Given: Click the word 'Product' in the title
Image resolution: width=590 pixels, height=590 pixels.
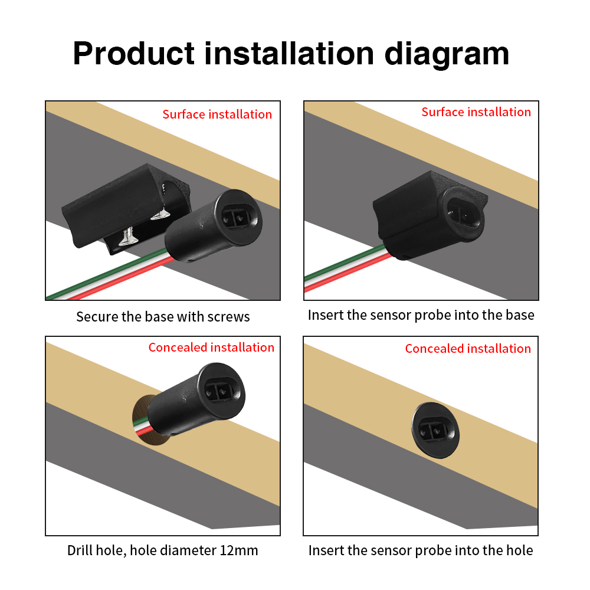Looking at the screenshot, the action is (133, 54).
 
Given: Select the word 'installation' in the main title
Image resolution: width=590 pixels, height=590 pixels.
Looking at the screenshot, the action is (289, 54).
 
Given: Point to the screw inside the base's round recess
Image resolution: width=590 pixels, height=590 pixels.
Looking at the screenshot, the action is (161, 214).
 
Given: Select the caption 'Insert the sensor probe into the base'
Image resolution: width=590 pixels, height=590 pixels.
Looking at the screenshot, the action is (421, 315).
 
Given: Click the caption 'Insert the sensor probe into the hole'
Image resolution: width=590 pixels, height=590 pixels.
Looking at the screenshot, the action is (421, 550).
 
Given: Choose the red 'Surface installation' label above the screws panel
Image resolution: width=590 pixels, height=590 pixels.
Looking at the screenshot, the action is (217, 114).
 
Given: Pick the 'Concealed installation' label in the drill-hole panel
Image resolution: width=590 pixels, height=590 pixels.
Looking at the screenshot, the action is (211, 348).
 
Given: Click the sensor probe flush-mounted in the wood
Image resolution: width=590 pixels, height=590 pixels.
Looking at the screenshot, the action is (435, 430).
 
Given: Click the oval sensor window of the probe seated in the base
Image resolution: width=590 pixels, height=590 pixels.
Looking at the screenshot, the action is (464, 213).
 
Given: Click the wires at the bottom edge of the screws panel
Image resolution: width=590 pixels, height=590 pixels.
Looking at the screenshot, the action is (110, 275).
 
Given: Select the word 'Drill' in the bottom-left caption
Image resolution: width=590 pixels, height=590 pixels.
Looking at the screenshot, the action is (80, 550).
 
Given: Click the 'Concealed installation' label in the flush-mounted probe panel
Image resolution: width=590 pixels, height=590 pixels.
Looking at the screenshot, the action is (468, 349).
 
